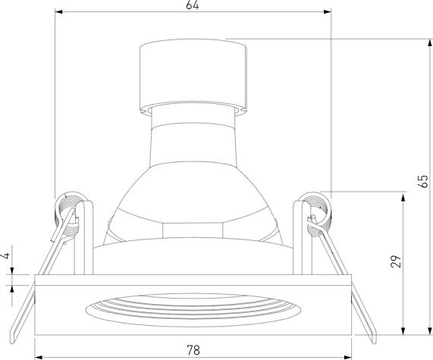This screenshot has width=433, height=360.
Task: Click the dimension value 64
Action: tap(193, 5)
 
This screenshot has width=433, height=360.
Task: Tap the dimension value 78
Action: tap(193, 350)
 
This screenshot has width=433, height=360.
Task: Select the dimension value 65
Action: tap(424, 181)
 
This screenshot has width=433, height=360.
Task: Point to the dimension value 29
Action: tap(396, 261)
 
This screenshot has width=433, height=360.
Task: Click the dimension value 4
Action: tap(6, 255)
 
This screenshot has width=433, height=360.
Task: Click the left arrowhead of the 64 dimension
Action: tap(58, 11)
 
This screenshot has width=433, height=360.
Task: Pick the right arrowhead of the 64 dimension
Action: tap(328, 11)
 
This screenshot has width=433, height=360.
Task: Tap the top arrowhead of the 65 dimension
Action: tap(430, 43)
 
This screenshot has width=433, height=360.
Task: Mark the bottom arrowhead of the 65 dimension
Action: tap(430, 330)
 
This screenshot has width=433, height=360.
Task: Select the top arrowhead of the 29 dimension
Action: tap(403, 198)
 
